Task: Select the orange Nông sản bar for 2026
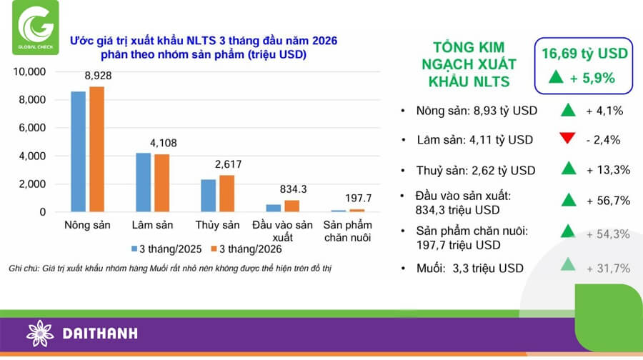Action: [96, 149]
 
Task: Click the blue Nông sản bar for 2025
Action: [79, 151]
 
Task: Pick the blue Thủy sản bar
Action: [209, 196]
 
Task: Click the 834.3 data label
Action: [293, 189]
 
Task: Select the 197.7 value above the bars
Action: [358, 198]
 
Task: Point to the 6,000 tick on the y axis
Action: [31, 128]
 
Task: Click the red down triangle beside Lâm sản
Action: [569, 139]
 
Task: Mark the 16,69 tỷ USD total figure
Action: [584, 54]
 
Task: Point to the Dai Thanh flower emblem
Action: [40, 334]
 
